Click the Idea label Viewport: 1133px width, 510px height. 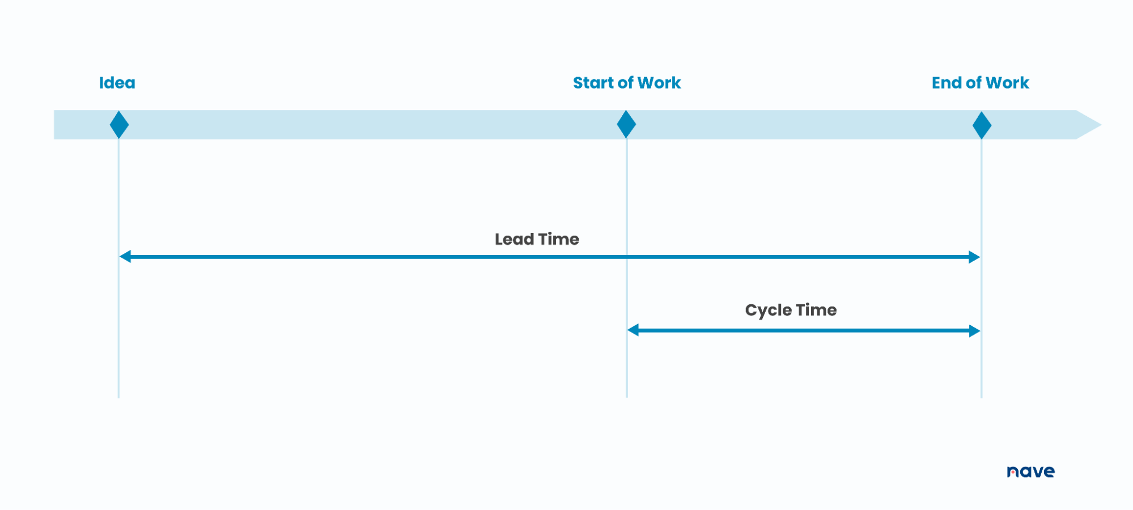coord(117,83)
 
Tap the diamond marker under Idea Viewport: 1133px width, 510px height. coord(119,125)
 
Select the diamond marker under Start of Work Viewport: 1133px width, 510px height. coord(626,125)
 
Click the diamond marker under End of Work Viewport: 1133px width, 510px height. coord(982,125)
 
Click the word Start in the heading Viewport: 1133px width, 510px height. coord(593,83)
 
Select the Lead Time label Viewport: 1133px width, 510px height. coord(537,239)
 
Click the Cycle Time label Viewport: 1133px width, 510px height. coord(791,310)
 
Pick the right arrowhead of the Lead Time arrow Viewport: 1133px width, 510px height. coord(974,257)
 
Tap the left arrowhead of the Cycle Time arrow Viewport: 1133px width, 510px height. coord(633,330)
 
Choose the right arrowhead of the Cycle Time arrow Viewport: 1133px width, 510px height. coord(974,330)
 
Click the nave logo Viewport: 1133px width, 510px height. coord(1030,471)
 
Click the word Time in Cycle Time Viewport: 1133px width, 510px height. coord(816,310)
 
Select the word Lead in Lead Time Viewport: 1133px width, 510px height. coord(514,239)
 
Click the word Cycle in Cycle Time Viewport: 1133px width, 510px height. coord(768,311)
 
